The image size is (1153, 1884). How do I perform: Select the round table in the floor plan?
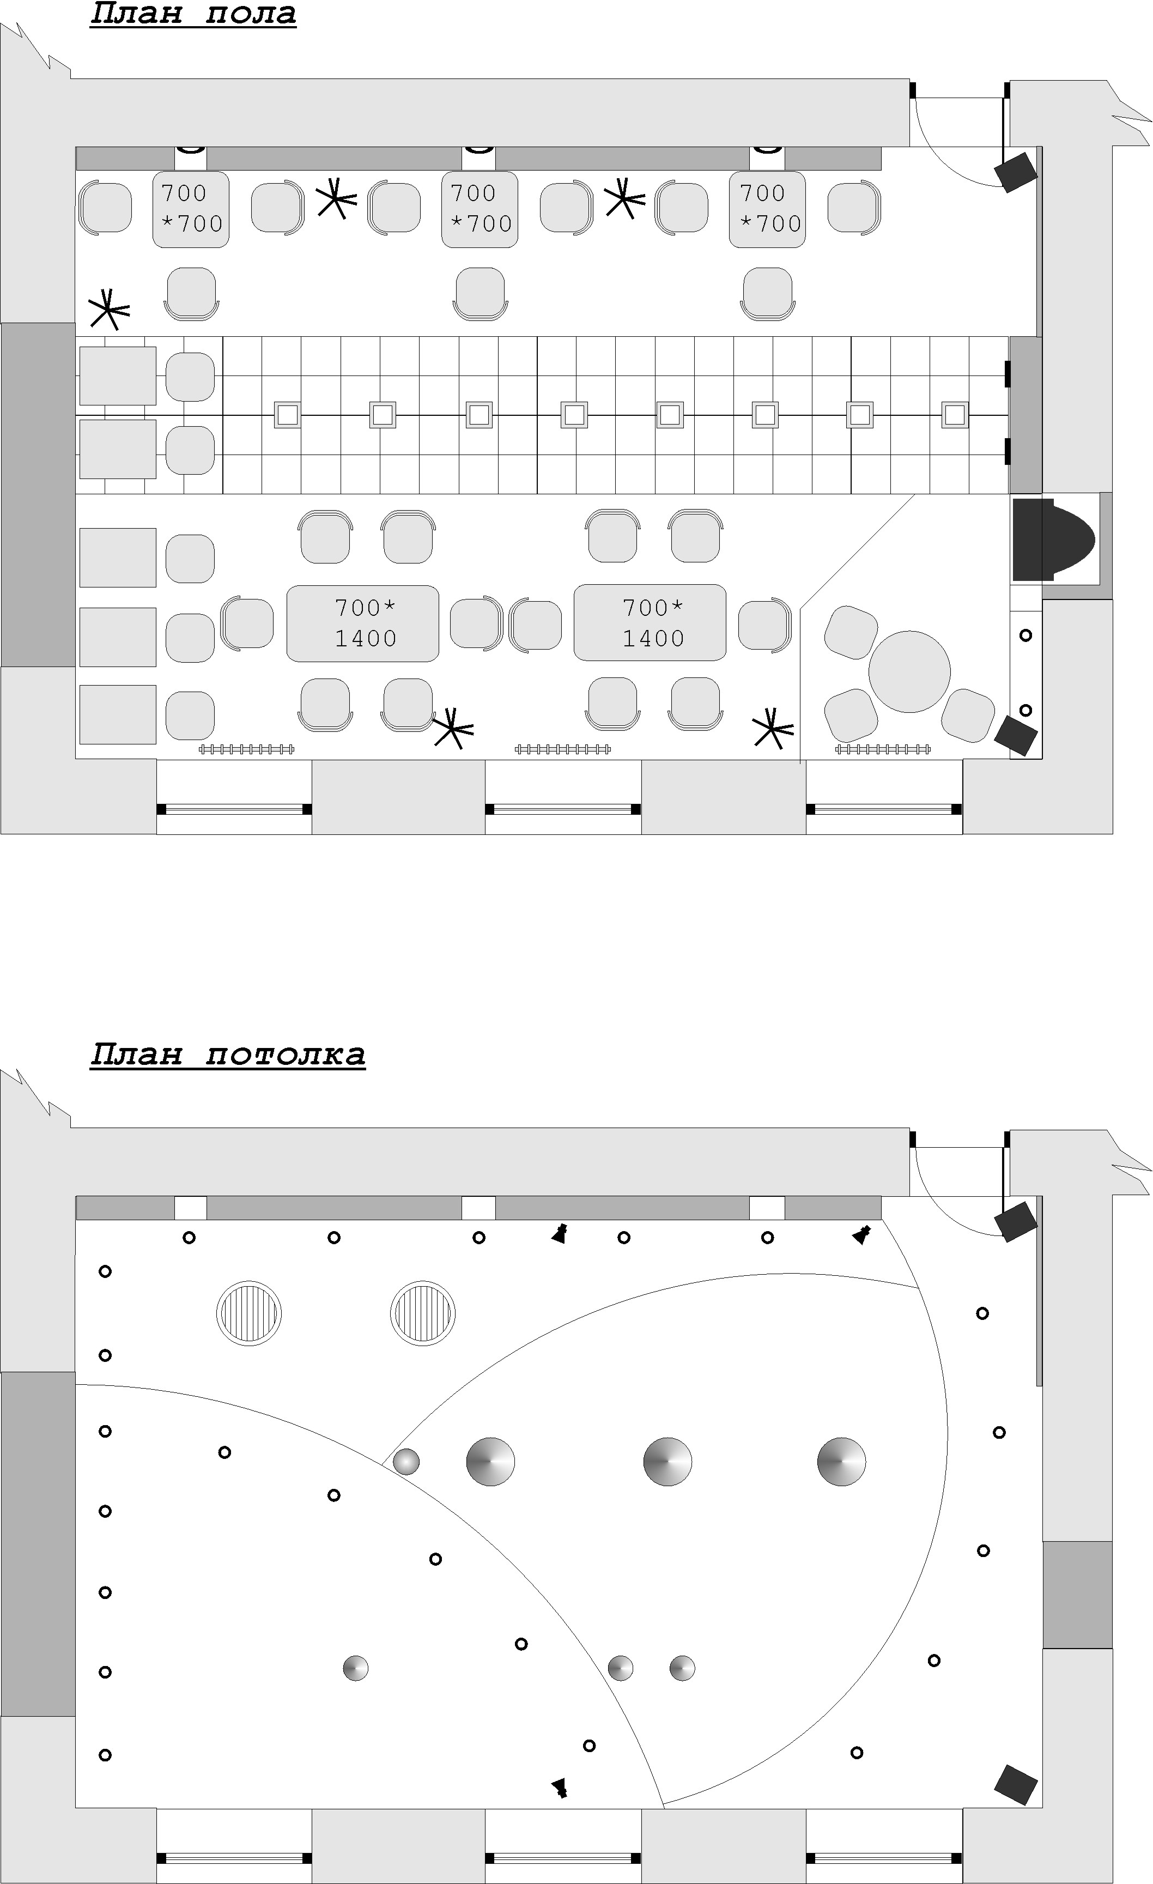pyautogui.click(x=909, y=671)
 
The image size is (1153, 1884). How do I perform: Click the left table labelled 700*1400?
pyautogui.click(x=362, y=623)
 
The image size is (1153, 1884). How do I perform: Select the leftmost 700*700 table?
pyautogui.click(x=191, y=209)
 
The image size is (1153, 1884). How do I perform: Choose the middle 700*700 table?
pyautogui.click(x=480, y=209)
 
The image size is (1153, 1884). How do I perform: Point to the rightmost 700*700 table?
pyautogui.click(x=767, y=209)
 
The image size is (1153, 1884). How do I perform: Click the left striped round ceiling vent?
pyautogui.click(x=248, y=1313)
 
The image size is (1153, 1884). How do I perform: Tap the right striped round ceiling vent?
pyautogui.click(x=422, y=1313)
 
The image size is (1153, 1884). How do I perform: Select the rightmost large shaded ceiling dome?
pyautogui.click(x=841, y=1461)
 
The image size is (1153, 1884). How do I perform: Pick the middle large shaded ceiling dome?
pyautogui.click(x=667, y=1461)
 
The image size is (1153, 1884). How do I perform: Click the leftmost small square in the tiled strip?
pyautogui.click(x=287, y=414)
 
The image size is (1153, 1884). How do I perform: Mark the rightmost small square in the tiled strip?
pyautogui.click(x=954, y=414)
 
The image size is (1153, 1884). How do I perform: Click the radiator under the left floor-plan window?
pyautogui.click(x=246, y=749)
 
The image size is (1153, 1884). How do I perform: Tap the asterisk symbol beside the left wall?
pyautogui.click(x=108, y=309)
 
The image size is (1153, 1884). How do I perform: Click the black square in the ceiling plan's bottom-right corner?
pyautogui.click(x=1015, y=1785)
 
